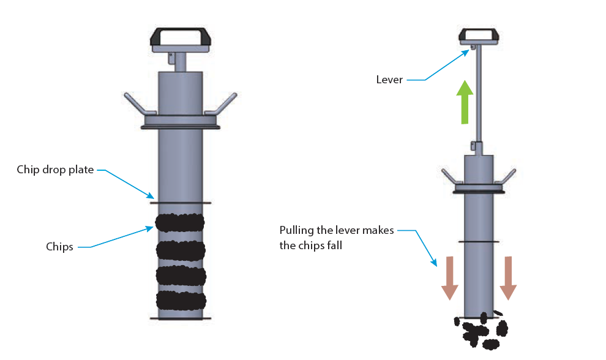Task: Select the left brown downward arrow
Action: tap(449, 277)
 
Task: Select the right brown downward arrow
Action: tap(509, 277)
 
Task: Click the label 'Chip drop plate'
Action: tap(55, 170)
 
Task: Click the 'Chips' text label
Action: tap(59, 247)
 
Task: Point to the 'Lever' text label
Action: tap(389, 80)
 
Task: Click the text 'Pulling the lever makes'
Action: tap(337, 230)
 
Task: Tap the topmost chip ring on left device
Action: tap(180, 222)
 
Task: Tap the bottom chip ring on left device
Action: tap(181, 300)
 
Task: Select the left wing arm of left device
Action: tap(140, 104)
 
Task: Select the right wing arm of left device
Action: tap(221, 104)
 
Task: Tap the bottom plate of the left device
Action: tap(181, 318)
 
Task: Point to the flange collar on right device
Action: tap(479, 190)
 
